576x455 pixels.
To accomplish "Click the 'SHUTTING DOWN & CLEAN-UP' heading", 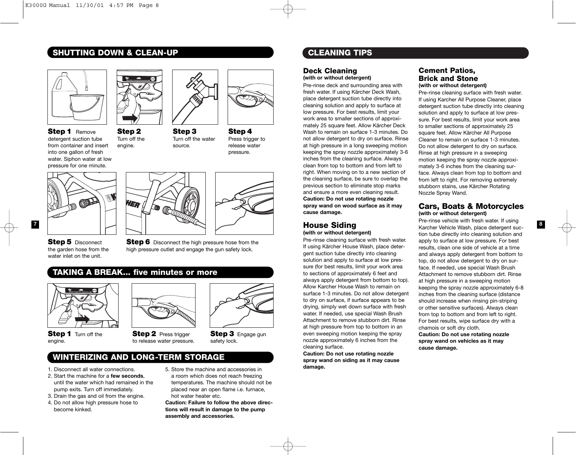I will (115, 52).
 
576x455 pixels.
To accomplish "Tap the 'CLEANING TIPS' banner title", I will (340, 52).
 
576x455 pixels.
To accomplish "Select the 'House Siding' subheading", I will (329, 225).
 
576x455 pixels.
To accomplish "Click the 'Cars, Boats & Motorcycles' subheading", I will (471, 206).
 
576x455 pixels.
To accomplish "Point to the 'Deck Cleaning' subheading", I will (330, 71).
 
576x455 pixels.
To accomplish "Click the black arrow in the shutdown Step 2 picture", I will (129, 118).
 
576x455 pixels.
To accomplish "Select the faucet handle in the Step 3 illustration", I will (195, 78).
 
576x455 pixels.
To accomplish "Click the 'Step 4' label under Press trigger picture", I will (240, 131).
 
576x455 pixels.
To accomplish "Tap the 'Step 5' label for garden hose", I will (59, 242).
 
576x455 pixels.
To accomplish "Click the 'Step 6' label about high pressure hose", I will (138, 242).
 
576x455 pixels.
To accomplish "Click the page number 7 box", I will (35, 224).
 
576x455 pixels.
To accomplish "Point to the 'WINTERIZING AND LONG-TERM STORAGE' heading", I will (139, 357).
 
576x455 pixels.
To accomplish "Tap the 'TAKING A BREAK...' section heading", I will (135, 272).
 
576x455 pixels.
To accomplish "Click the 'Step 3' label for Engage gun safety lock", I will (222, 334).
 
